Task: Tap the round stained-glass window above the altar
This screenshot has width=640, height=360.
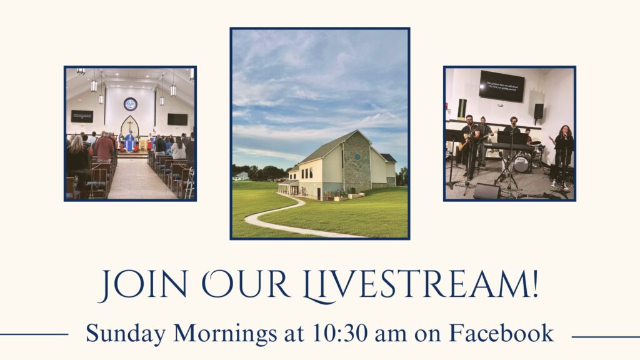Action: [x=130, y=104]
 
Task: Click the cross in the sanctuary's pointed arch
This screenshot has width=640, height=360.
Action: [x=130, y=125]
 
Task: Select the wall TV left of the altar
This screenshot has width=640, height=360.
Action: [x=82, y=116]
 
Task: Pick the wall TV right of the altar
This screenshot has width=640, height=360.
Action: [x=177, y=119]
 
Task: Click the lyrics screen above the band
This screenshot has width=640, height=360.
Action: [x=501, y=86]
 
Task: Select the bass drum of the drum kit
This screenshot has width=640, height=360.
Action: [x=521, y=164]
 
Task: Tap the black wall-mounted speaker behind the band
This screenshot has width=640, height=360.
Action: [x=538, y=111]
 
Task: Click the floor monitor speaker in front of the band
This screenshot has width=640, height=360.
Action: [x=487, y=191]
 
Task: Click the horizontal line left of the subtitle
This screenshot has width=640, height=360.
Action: [x=34, y=334]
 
